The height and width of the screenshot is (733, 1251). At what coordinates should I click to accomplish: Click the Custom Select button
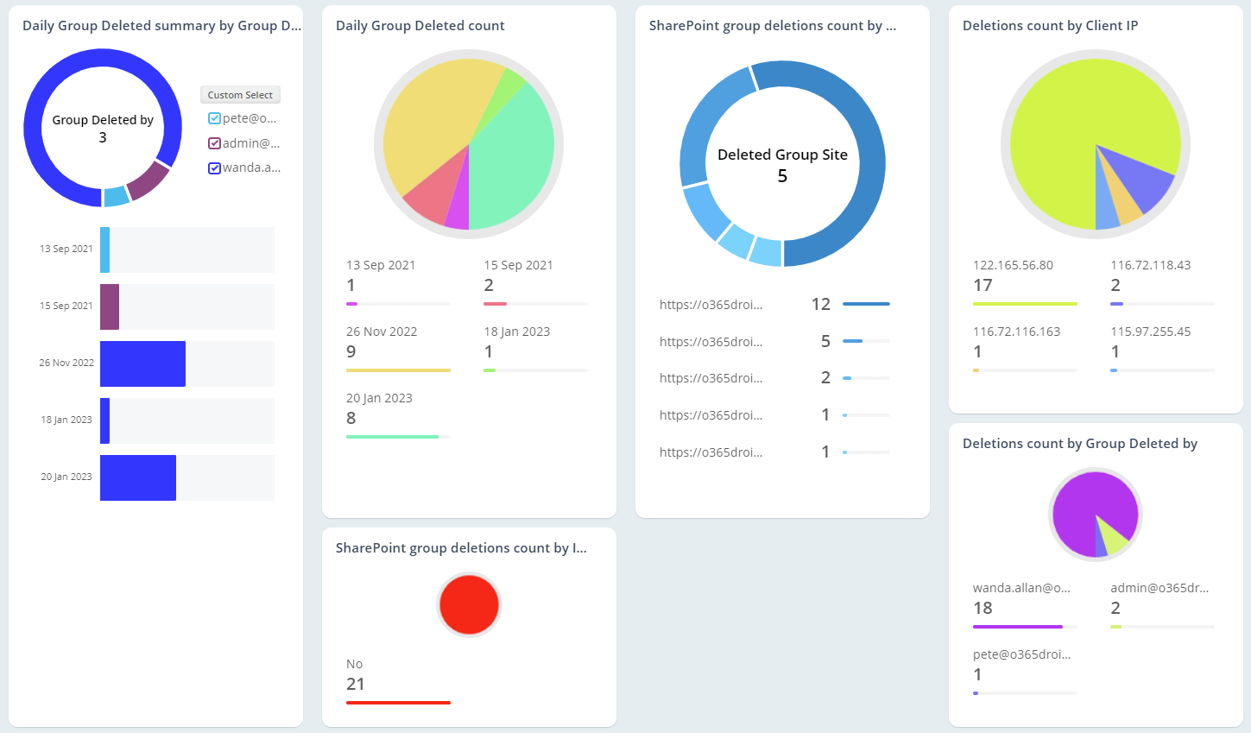[x=240, y=95]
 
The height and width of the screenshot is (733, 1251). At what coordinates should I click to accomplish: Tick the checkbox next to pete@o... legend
[x=214, y=118]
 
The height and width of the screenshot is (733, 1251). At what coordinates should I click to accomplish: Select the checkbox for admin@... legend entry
[x=214, y=143]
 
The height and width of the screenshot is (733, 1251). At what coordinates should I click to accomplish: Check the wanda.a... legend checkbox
[x=214, y=167]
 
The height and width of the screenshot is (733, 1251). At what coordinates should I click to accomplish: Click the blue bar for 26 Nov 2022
[x=142, y=363]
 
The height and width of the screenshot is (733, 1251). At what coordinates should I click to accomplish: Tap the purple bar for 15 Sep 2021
[x=110, y=306]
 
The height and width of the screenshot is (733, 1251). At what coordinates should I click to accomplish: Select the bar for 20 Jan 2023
[x=138, y=477]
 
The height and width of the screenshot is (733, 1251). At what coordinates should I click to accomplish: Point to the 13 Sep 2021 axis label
[x=66, y=249]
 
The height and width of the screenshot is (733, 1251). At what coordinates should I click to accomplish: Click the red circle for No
[x=469, y=604]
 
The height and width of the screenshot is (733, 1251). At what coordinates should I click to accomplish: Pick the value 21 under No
[x=356, y=684]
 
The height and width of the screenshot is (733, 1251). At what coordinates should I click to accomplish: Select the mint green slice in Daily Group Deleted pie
[x=514, y=164]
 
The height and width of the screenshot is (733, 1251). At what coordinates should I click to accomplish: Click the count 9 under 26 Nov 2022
[x=351, y=351]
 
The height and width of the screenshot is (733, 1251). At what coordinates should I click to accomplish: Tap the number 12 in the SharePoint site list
[x=820, y=304]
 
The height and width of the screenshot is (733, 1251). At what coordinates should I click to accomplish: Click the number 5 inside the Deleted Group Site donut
[x=782, y=176]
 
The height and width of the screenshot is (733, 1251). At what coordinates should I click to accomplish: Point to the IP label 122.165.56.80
[x=1013, y=265]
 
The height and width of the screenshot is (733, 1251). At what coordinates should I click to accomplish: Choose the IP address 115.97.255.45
[x=1150, y=332]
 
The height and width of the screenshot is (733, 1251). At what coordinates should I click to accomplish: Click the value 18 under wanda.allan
[x=982, y=608]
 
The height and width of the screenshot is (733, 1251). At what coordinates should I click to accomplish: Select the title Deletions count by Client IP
[x=1050, y=26]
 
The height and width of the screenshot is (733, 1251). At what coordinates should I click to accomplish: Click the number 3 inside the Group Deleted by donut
[x=103, y=137]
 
